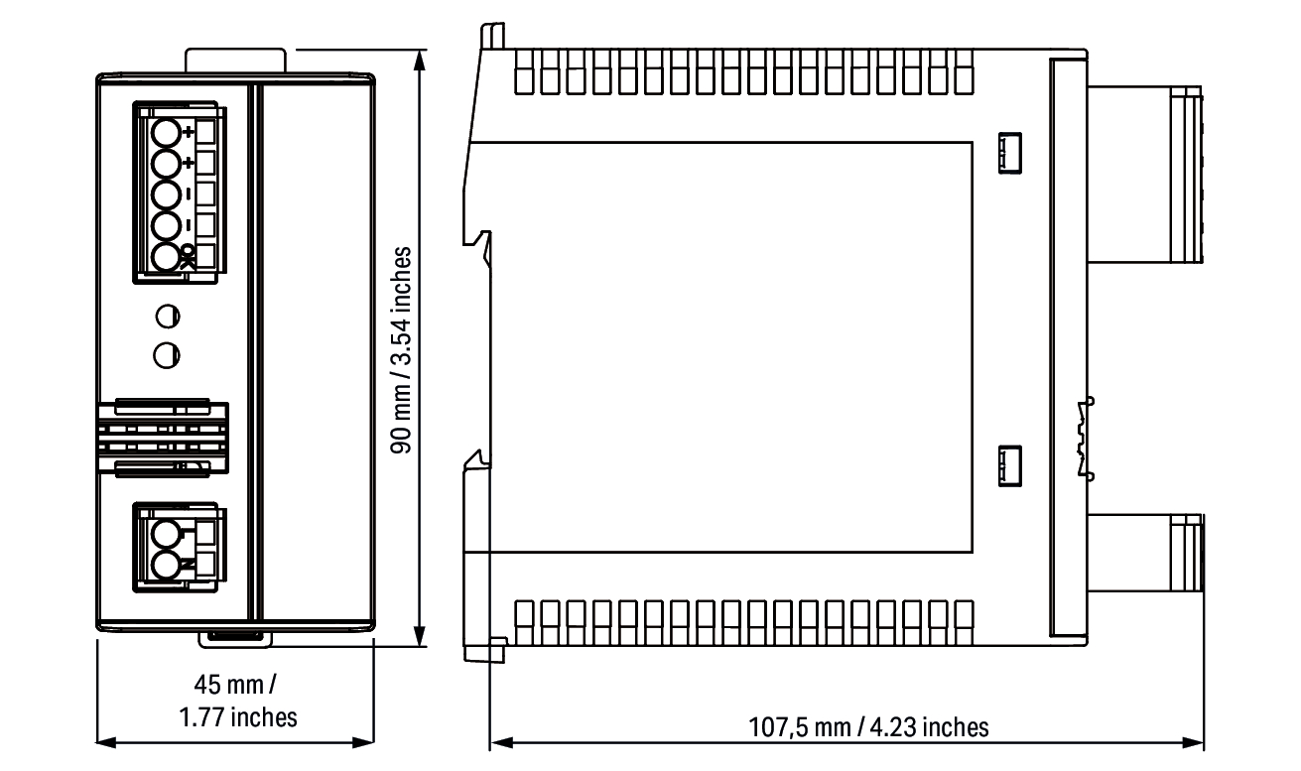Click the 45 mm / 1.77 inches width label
point(238,701)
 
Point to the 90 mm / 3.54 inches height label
point(401,350)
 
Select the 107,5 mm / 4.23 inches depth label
point(868,727)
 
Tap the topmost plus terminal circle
point(166,132)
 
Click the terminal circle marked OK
point(166,257)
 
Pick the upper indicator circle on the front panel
point(168,317)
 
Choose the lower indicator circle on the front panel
point(167,355)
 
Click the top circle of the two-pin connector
point(166,533)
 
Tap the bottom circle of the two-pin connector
point(166,565)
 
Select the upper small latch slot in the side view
point(1010,153)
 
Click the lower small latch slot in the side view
point(1010,465)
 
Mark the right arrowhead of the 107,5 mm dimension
point(1193,742)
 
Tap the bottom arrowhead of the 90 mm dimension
point(420,636)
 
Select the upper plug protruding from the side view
point(1145,175)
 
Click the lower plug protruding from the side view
point(1145,553)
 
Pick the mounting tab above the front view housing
point(235,61)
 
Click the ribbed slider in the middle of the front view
point(163,439)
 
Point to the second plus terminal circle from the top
point(166,164)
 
